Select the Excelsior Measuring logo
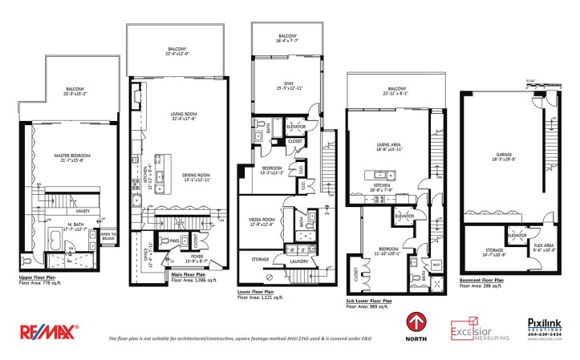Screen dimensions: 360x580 [480, 329]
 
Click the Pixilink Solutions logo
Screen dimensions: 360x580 [542, 327]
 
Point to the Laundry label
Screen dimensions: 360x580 [300, 260]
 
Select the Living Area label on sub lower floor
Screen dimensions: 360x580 [388, 146]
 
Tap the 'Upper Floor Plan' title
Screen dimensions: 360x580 [41, 278]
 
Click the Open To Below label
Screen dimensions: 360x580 [108, 237]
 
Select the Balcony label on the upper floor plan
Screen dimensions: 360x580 [75, 90]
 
